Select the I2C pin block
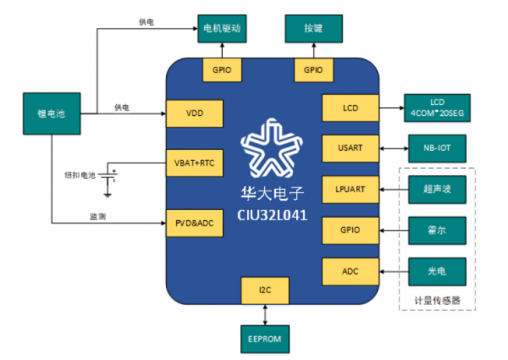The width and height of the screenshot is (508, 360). pyautogui.click(x=266, y=291)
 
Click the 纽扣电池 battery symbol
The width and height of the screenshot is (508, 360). pyautogui.click(x=111, y=174)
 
